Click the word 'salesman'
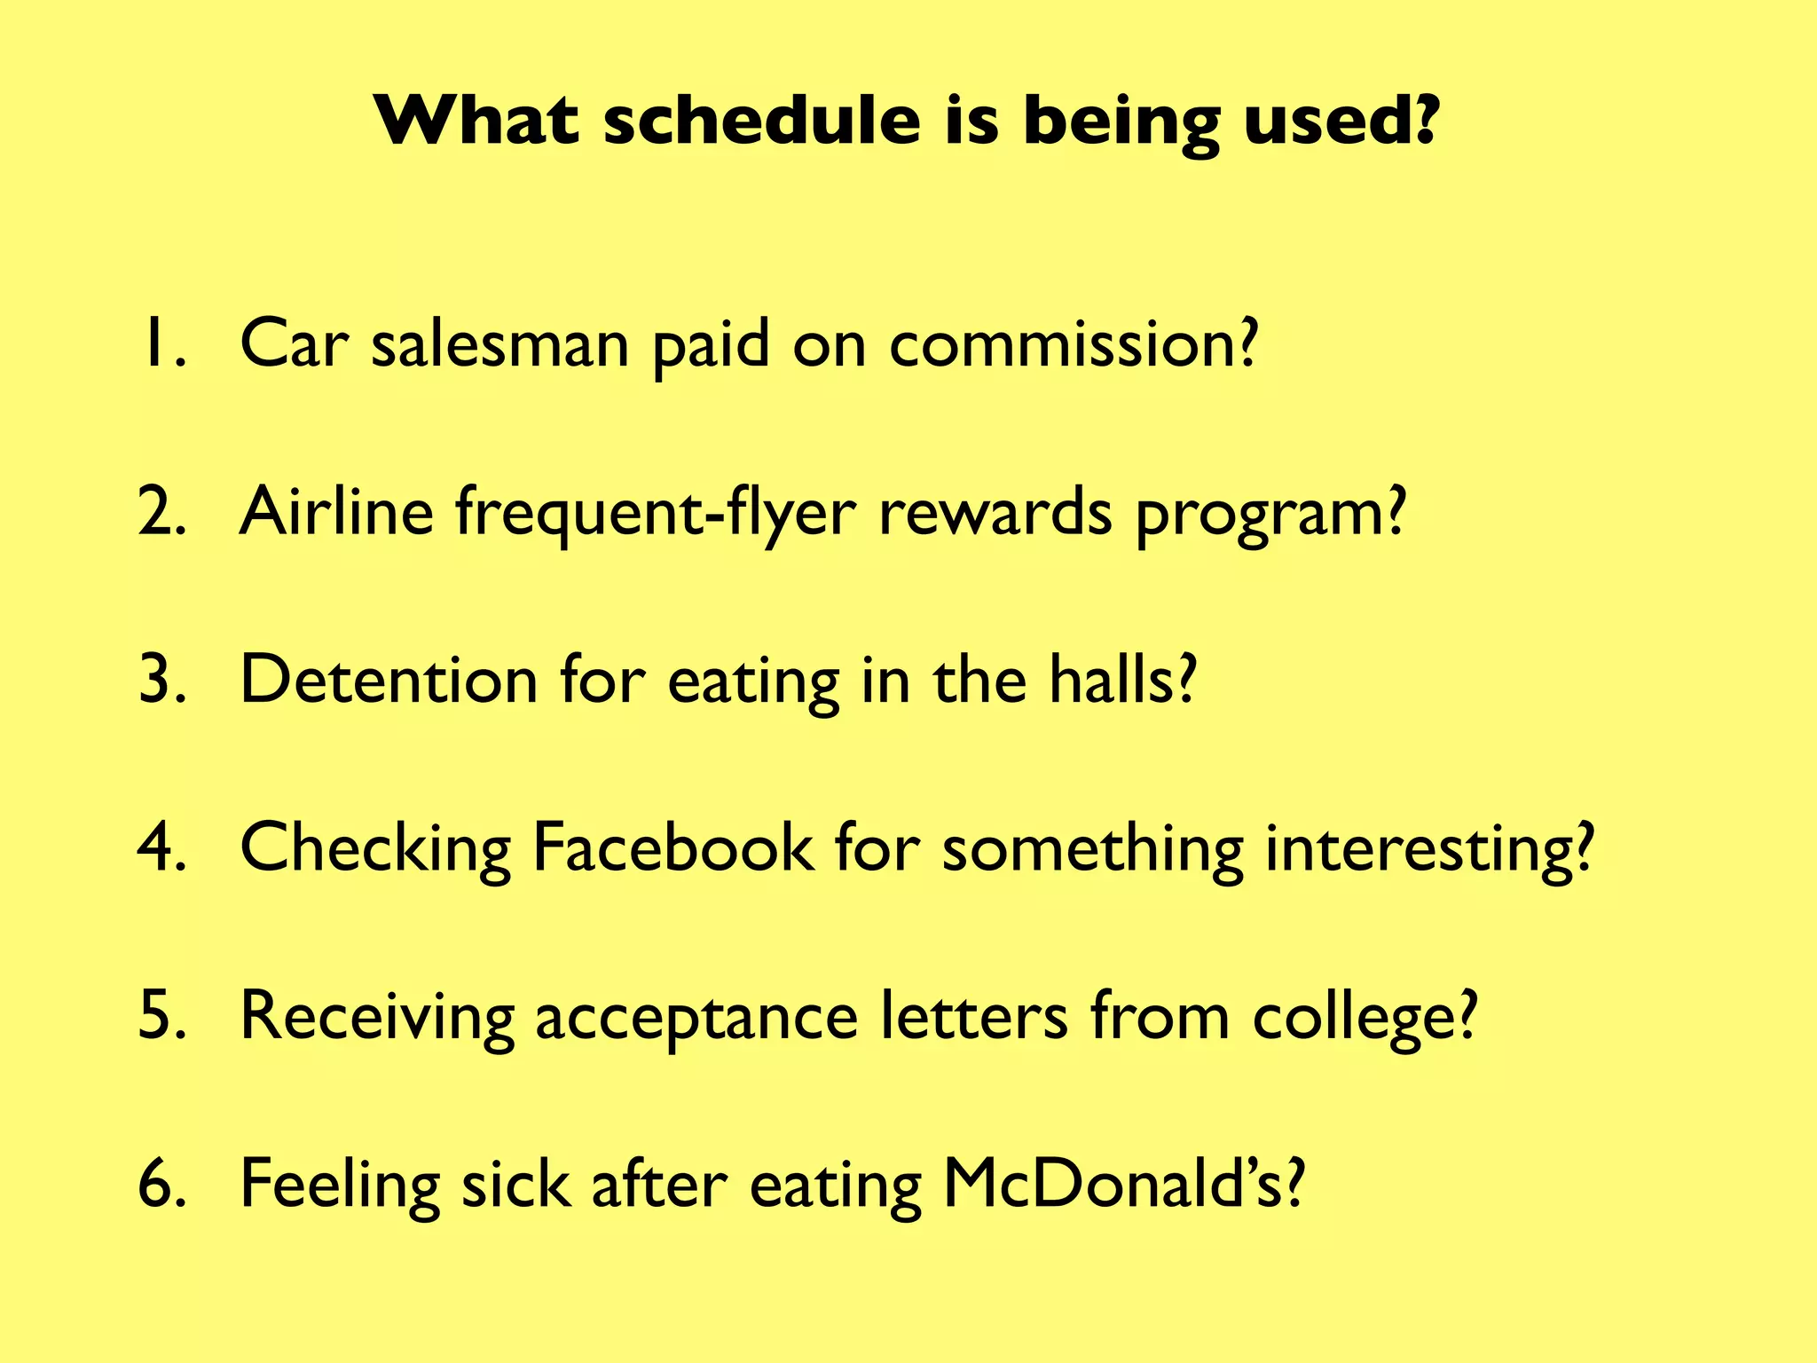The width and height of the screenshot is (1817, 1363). [x=499, y=343]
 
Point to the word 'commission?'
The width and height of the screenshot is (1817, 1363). [x=1074, y=343]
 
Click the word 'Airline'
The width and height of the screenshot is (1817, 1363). [x=336, y=512]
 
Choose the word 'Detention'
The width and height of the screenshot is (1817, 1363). [x=389, y=680]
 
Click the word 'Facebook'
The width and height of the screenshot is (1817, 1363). [x=672, y=847]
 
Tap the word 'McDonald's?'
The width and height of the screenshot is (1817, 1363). [x=1123, y=1184]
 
